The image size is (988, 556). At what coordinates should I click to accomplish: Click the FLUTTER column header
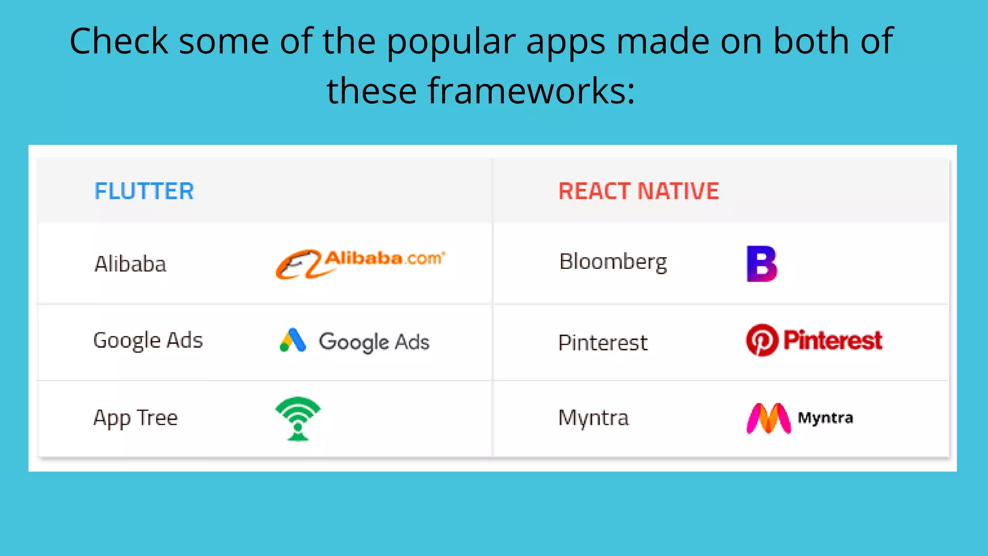click(x=144, y=191)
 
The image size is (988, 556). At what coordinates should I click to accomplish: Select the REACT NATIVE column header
click(x=638, y=191)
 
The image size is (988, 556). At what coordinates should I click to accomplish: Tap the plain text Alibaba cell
click(x=130, y=264)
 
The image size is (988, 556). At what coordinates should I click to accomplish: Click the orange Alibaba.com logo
click(x=360, y=263)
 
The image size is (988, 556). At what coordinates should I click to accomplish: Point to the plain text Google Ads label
click(x=148, y=341)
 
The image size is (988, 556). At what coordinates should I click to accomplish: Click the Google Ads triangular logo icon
click(x=293, y=340)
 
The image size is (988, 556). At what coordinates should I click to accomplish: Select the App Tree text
click(x=136, y=418)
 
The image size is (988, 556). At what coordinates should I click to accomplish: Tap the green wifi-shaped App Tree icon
click(x=298, y=418)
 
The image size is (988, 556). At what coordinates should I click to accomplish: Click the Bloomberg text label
click(x=613, y=262)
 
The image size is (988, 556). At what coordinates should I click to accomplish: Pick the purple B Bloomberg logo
click(x=762, y=264)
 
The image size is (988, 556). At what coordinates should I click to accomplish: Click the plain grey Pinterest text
click(x=603, y=343)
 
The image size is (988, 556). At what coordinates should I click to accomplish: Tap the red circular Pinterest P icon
click(x=762, y=340)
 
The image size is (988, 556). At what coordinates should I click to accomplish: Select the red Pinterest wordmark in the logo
click(x=833, y=340)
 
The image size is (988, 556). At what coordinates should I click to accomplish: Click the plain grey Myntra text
click(x=593, y=418)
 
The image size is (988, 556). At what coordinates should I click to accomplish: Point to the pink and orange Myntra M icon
click(x=768, y=418)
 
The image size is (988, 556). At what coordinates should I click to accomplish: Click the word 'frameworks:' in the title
click(x=531, y=91)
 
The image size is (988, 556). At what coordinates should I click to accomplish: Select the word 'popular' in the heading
click(x=451, y=41)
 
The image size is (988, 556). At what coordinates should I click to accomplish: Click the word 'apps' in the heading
click(x=565, y=41)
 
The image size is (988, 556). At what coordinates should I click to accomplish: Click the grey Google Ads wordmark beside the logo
click(x=374, y=342)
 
